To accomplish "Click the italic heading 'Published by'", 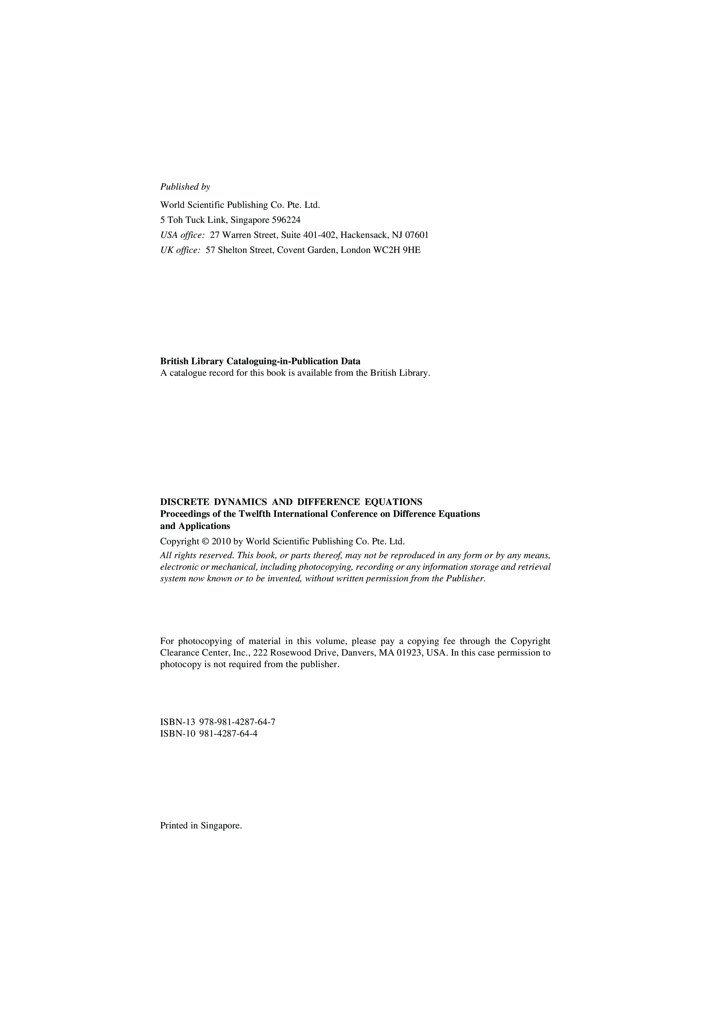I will point(185,187).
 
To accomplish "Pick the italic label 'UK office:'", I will point(180,250).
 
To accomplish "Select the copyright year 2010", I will point(221,541).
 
